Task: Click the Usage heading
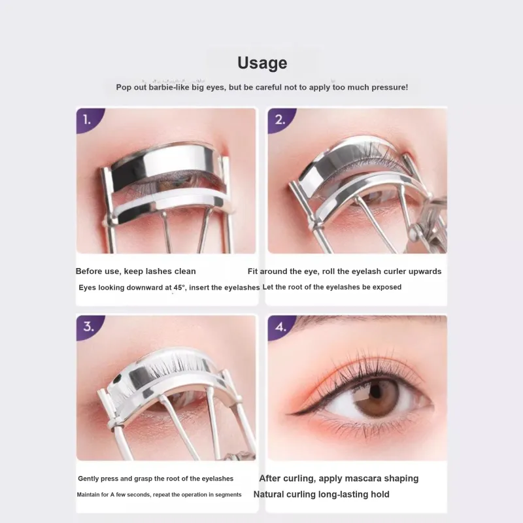[x=262, y=63]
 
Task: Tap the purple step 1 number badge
[x=88, y=120]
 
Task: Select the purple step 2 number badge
[x=280, y=120]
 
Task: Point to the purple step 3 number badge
[x=88, y=327]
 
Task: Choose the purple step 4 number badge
[x=280, y=327]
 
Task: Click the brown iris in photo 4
[x=376, y=397]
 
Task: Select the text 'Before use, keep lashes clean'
[x=136, y=271]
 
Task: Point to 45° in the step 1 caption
[x=179, y=288]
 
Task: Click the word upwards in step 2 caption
[x=425, y=272]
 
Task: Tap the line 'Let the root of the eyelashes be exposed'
[x=332, y=287]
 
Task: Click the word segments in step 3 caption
[x=228, y=495]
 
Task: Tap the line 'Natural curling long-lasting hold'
[x=321, y=494]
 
